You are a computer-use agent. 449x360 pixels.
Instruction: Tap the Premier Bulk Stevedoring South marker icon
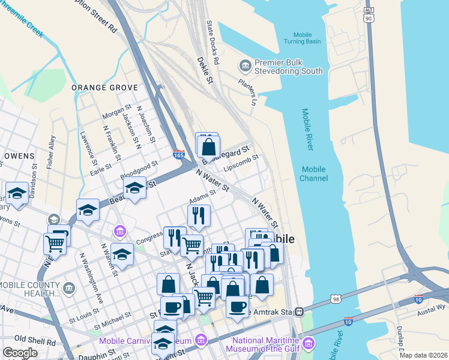pos(245,65)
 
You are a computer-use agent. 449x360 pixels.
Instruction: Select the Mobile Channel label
pos(315,174)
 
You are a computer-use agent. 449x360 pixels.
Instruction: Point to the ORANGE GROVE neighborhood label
pos(105,88)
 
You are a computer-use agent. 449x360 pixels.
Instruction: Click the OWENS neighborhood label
pos(19,156)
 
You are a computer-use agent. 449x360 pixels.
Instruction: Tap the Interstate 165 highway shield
pos(179,155)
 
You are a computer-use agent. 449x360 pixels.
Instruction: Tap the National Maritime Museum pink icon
pos(309,344)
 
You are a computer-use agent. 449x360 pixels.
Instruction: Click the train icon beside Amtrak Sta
pos(298,312)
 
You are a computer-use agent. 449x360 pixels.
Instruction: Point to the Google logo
pos(20,353)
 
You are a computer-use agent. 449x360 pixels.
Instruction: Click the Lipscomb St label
pos(241,163)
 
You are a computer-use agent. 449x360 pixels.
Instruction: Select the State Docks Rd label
pos(212,43)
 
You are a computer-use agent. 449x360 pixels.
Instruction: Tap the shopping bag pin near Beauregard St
pos(209,146)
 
